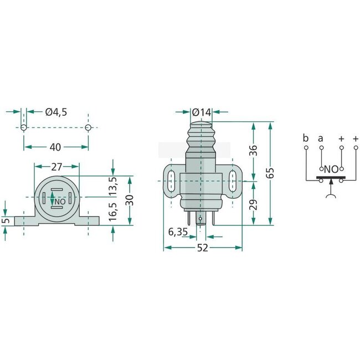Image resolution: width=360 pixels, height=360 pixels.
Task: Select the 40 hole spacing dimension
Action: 55,147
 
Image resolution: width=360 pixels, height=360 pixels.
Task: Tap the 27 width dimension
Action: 56,166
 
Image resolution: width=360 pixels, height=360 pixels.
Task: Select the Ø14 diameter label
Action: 202,112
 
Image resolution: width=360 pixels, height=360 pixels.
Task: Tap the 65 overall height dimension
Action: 271,172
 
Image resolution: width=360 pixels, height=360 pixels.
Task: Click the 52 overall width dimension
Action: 203,248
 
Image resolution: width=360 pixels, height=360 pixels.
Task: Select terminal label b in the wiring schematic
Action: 305,137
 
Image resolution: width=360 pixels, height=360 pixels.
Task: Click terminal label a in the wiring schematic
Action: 321,137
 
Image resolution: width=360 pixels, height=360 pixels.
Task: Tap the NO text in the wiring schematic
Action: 331,169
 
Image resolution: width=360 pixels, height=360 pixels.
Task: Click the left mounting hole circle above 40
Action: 24,128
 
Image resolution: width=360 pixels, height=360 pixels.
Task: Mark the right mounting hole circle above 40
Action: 88,128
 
